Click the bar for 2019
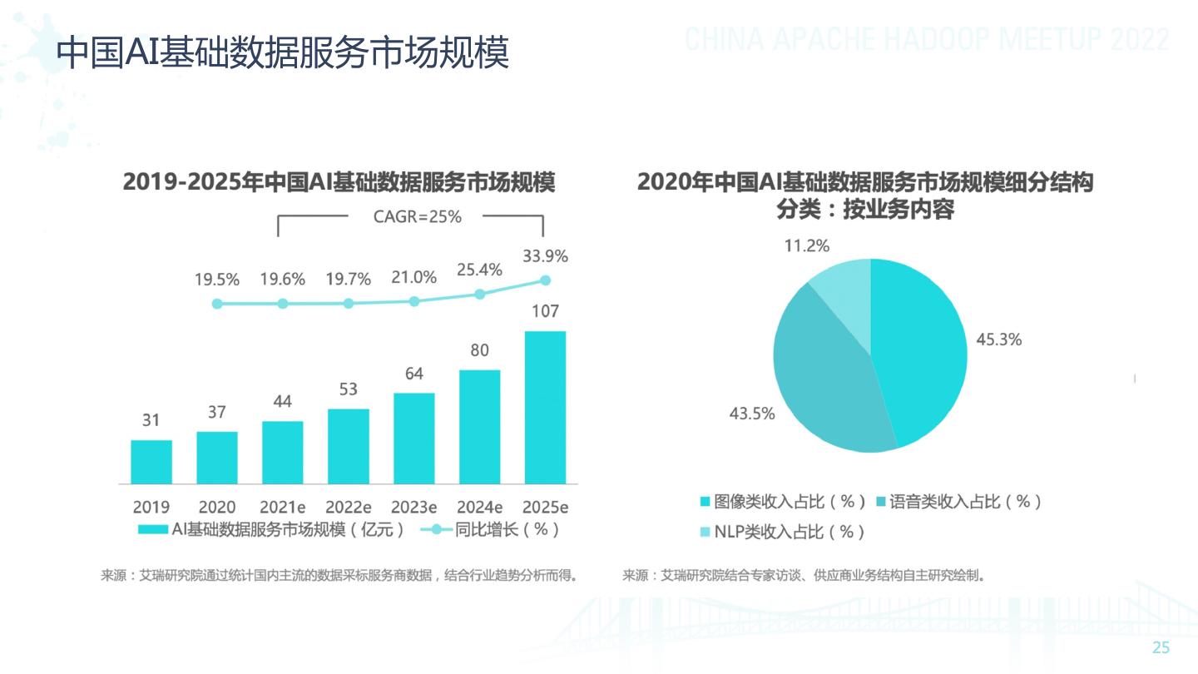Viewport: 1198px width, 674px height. (x=151, y=462)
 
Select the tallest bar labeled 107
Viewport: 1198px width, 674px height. (x=545, y=407)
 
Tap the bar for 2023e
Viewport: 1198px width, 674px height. (x=414, y=438)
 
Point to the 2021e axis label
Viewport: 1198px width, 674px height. (x=283, y=507)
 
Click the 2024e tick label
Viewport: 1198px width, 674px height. (x=480, y=507)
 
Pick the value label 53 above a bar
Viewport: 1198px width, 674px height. (x=349, y=389)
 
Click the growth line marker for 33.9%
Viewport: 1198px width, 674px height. (x=546, y=280)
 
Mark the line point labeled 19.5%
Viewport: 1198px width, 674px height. (x=217, y=304)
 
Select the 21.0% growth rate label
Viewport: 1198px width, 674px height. (x=414, y=278)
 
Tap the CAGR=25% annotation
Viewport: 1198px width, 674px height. (x=417, y=217)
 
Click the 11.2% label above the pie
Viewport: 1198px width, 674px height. (x=806, y=245)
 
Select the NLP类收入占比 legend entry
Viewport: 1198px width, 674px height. (x=782, y=532)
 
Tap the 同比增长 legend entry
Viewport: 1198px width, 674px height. (x=491, y=529)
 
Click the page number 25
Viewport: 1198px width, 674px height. (x=1161, y=648)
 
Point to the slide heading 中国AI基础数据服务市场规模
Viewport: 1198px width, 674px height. (x=282, y=52)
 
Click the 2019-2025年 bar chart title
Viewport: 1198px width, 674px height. (x=339, y=182)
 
